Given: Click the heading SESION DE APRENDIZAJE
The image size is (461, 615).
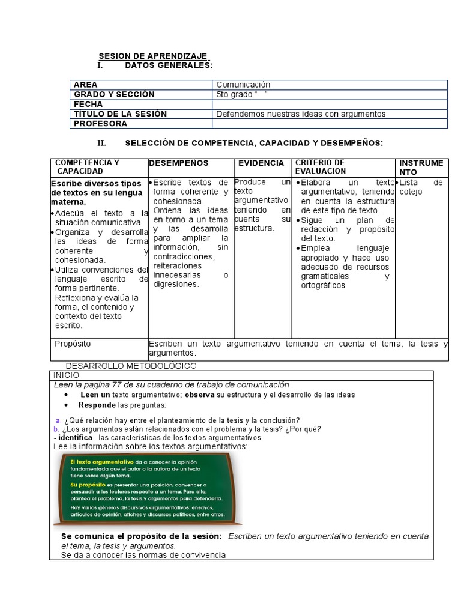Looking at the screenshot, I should (153, 56).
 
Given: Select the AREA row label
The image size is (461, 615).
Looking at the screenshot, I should (86, 85).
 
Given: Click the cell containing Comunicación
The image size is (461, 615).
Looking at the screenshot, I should (243, 85).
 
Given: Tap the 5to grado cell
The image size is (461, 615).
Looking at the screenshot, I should (241, 94).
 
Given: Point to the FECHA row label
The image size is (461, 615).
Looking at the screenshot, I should (88, 104).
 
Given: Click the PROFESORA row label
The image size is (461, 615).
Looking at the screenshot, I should (100, 123).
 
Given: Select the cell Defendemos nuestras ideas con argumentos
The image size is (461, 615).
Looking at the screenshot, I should (300, 114).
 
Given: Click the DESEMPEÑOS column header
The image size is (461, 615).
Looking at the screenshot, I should (178, 163).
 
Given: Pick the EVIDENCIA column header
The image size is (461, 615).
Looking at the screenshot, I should (261, 163).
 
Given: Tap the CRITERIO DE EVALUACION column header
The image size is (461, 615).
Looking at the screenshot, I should (320, 167).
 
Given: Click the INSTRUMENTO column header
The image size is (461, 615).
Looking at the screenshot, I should (421, 167).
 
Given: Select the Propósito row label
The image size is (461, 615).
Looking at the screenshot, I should (73, 344).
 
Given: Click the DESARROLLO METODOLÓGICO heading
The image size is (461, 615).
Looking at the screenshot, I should (131, 366).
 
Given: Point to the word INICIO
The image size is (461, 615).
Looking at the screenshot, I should (67, 375).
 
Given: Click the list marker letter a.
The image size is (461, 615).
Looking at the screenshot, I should (58, 420).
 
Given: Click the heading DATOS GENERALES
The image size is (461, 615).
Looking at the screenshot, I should (169, 65).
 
